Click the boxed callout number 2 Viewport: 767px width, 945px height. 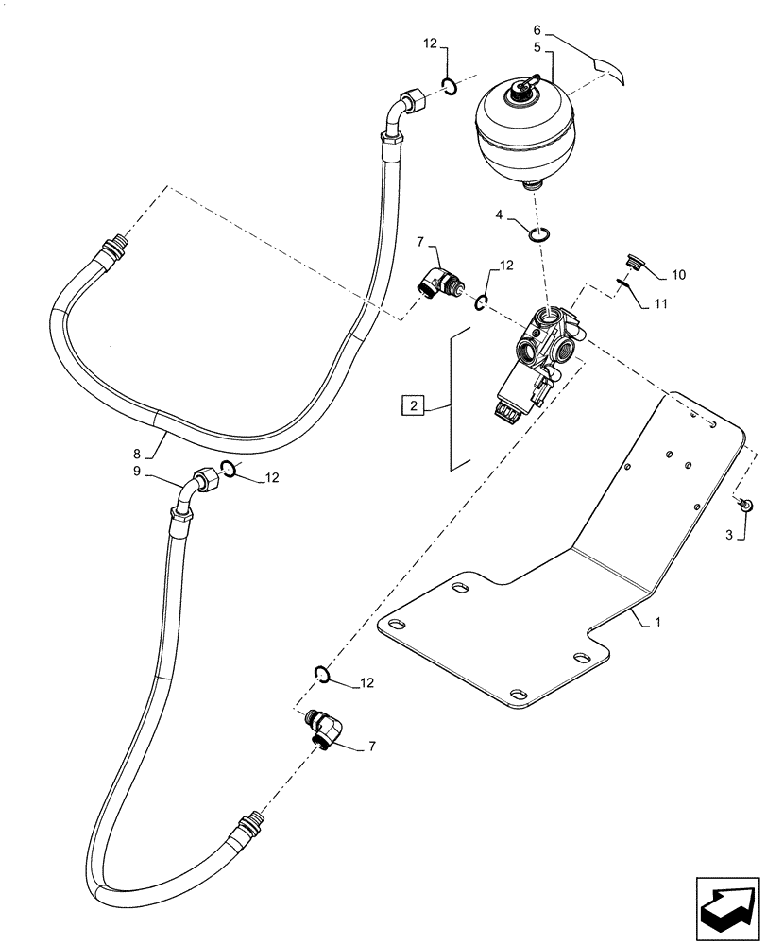412,406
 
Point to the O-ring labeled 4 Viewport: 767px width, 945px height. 539,234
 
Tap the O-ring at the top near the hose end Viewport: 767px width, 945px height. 451,88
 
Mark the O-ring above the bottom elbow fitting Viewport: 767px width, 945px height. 322,673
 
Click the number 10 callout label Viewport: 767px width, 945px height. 679,275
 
